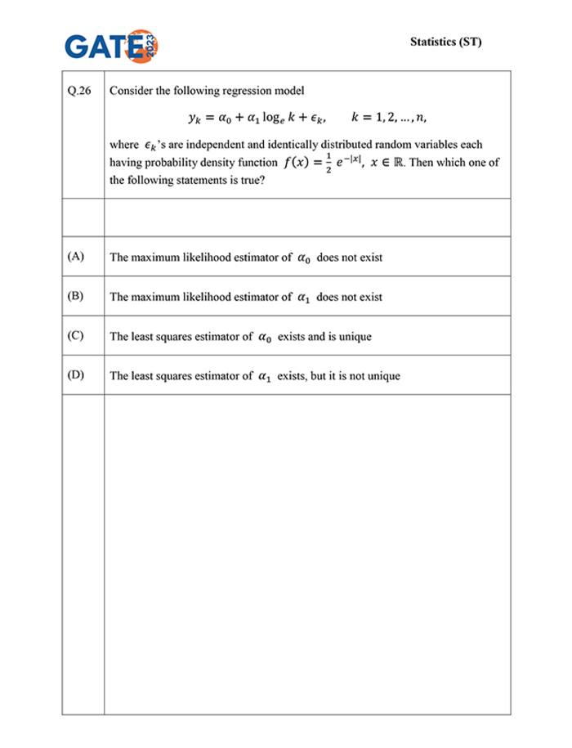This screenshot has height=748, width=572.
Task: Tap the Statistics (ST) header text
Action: pos(445,42)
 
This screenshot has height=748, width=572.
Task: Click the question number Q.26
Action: pos(80,91)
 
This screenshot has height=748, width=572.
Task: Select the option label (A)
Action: pos(76,257)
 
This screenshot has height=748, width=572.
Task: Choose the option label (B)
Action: pos(76,296)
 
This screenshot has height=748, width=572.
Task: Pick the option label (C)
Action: pos(76,336)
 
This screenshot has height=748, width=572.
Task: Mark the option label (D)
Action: pos(76,375)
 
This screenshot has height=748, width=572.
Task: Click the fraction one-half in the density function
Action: pos(326,163)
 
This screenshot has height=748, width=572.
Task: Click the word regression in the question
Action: pos(234,91)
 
